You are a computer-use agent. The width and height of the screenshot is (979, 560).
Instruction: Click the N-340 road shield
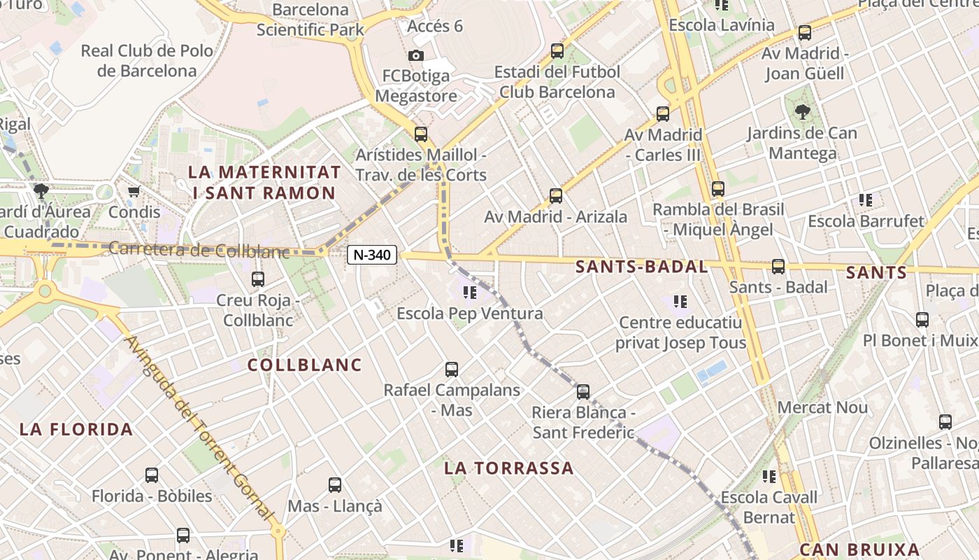371,255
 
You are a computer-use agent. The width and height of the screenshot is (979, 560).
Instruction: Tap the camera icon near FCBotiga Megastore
416,55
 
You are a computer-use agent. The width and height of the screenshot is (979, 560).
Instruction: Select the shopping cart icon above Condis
134,191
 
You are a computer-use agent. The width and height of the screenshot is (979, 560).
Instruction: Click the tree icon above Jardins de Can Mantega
802,111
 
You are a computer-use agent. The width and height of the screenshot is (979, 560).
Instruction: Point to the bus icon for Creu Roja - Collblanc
258,279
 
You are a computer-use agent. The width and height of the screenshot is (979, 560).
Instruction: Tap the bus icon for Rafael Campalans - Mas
452,369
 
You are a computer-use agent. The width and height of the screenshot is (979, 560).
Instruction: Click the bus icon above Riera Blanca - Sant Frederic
583,391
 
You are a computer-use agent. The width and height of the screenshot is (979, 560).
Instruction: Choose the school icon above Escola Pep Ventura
469,292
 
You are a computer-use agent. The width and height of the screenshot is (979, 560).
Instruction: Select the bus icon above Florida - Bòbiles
152,475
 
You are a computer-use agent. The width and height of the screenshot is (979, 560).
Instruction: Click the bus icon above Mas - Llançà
335,484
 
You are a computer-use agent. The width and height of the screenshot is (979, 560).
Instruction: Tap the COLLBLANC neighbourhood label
305,365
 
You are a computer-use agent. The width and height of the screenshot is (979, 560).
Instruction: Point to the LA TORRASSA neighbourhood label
509,468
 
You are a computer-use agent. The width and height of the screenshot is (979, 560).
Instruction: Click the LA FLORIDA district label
76,429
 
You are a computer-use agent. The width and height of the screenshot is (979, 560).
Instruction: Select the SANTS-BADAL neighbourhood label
642,267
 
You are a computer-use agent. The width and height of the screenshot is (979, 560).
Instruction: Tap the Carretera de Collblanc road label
199,249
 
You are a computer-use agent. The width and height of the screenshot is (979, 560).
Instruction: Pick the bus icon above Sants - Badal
778,266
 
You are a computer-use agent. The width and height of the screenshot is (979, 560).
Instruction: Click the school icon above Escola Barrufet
866,200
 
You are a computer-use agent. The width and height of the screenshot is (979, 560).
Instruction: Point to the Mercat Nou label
822,407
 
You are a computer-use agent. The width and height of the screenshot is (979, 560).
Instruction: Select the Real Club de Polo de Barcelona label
147,61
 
